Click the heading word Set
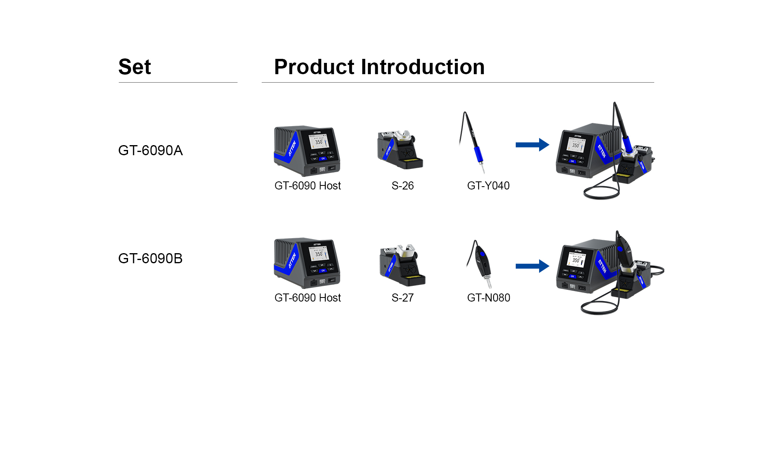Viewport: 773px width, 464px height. (134, 67)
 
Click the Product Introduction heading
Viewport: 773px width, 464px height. (379, 67)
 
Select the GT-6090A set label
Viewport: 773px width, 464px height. (150, 150)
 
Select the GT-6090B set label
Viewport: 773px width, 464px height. (150, 258)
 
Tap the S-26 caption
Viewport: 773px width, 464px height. (402, 186)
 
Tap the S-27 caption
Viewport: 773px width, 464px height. (402, 298)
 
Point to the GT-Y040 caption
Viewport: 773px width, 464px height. (488, 186)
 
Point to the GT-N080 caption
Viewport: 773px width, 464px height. (488, 298)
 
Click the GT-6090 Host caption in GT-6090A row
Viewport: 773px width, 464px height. (308, 186)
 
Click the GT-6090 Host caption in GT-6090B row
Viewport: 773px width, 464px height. (308, 298)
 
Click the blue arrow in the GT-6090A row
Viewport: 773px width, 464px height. (532, 145)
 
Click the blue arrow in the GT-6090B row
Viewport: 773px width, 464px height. (532, 266)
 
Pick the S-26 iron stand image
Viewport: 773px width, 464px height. (400, 150)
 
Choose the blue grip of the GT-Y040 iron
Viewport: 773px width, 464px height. (478, 154)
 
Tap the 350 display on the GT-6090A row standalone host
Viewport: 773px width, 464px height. (318, 142)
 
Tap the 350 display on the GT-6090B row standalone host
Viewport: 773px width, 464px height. (318, 254)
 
